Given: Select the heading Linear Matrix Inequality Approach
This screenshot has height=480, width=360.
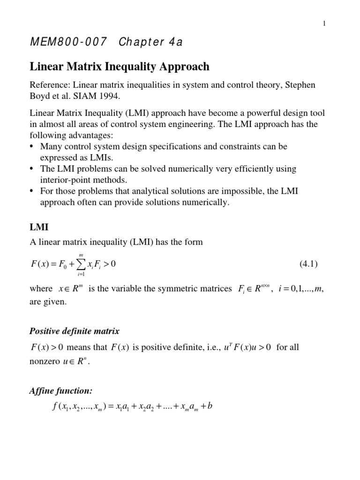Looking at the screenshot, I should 120,67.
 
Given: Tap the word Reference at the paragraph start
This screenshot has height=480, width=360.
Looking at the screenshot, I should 49,85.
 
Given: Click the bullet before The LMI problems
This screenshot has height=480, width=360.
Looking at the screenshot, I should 32,169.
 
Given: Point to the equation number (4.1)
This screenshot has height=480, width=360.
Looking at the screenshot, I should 308,264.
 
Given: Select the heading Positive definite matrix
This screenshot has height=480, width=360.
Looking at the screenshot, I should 75,331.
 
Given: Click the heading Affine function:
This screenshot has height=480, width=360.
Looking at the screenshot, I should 61,391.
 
